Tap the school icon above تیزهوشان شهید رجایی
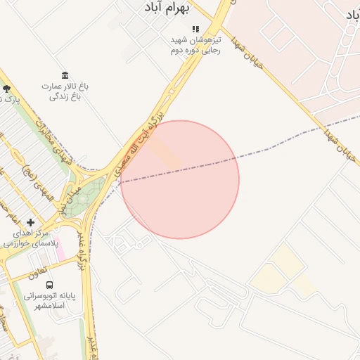point(195,30)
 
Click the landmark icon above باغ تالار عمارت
point(65,75)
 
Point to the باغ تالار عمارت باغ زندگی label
point(65,91)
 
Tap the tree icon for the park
point(6,89)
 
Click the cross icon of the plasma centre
point(30,222)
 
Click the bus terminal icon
point(49,285)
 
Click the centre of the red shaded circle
point(180,179)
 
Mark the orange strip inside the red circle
point(165,153)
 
